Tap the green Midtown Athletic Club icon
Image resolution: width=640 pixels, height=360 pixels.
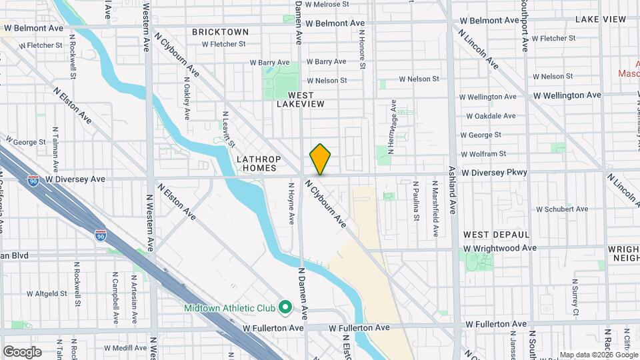click(285, 307)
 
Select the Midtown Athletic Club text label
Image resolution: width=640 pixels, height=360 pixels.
click(231, 307)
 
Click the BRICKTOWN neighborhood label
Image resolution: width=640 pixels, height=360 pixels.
click(220, 32)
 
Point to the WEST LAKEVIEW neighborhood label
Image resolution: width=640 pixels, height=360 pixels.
click(301, 99)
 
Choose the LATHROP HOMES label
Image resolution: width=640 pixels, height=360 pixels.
click(259, 164)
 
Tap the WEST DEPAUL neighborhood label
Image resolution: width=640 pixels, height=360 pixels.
click(496, 235)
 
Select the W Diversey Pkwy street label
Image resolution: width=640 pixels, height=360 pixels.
click(494, 173)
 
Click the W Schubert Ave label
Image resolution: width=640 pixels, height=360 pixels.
click(543, 209)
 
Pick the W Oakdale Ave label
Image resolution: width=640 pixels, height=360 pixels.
click(491, 116)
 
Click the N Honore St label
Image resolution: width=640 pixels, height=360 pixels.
click(363, 49)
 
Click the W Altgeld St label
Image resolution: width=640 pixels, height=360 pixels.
click(48, 293)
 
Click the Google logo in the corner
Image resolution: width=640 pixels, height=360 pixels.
click(22, 352)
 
